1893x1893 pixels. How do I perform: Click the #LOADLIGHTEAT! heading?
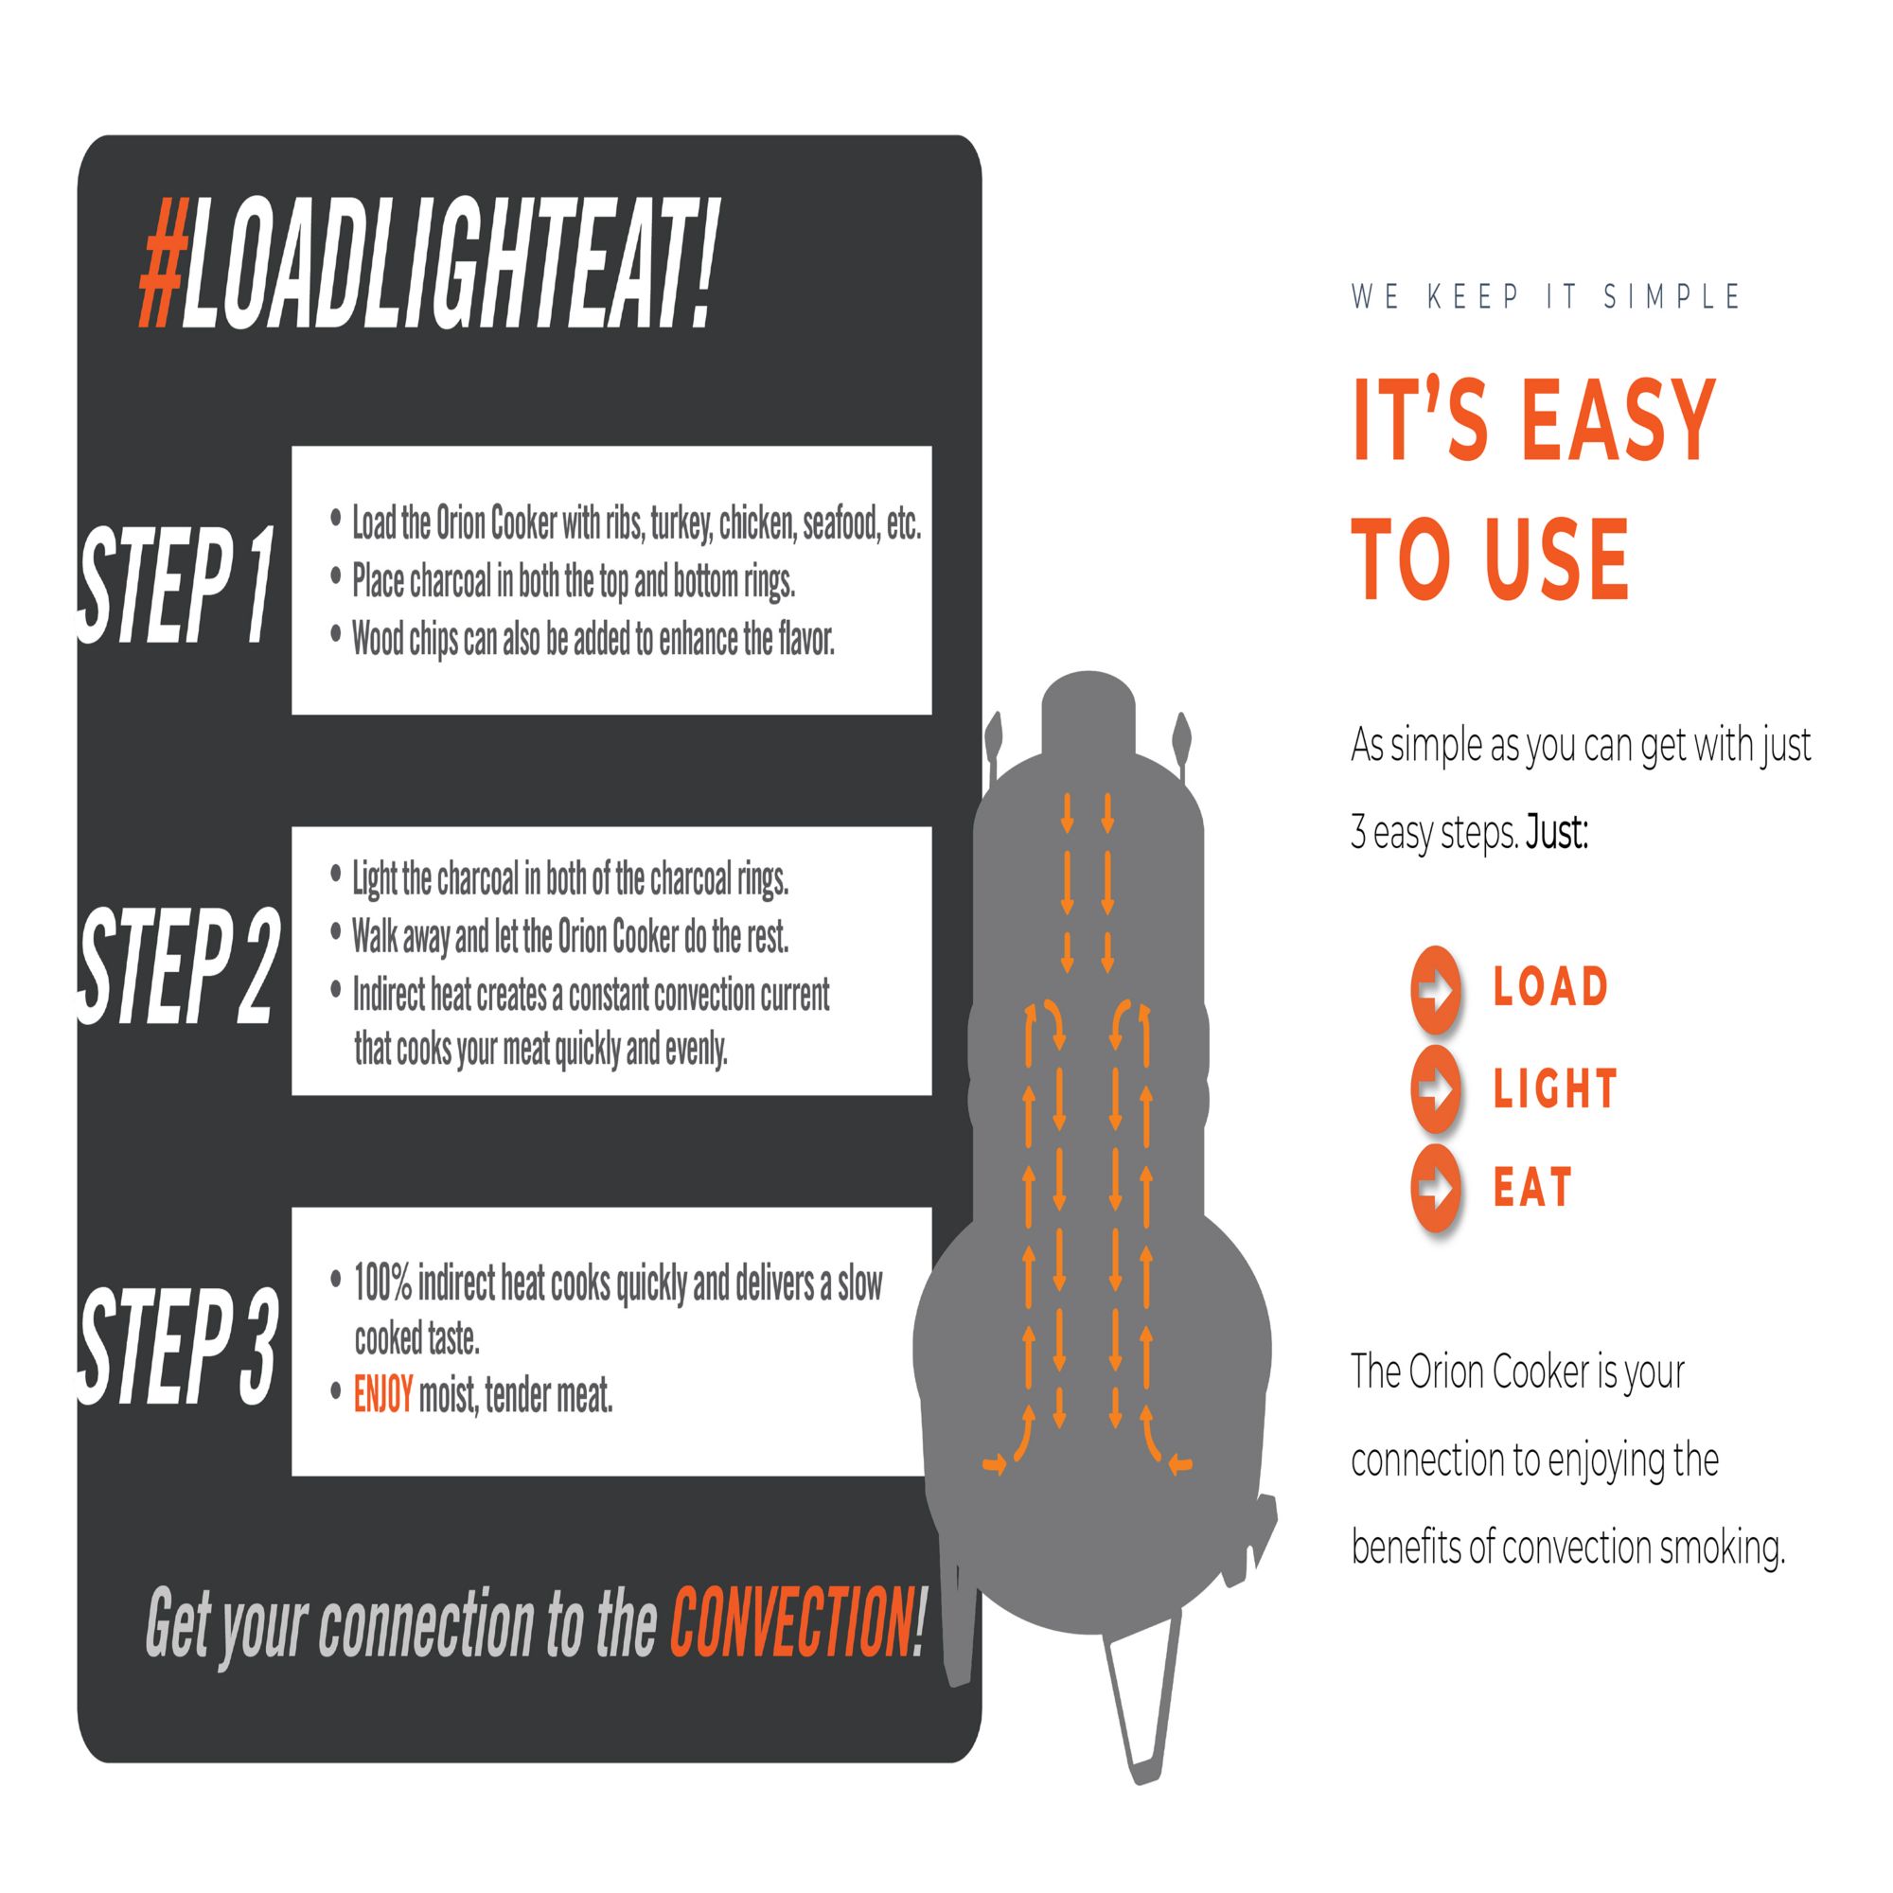429,265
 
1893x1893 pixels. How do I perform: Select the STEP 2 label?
178,966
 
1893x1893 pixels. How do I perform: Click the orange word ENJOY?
383,1394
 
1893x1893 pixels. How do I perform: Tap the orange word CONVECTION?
789,1621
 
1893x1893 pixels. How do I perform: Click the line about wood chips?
593,639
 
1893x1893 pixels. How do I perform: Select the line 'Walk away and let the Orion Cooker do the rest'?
570,937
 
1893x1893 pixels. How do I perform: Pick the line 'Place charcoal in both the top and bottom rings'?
574,581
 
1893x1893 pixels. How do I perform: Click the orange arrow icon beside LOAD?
1437,990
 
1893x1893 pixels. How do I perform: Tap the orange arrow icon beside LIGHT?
1437,1088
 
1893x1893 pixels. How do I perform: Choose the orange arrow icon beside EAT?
1437,1188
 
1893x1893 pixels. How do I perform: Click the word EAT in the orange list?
1532,1188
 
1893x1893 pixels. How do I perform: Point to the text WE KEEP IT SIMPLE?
1546,296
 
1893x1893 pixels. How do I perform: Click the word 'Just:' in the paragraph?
1557,833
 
